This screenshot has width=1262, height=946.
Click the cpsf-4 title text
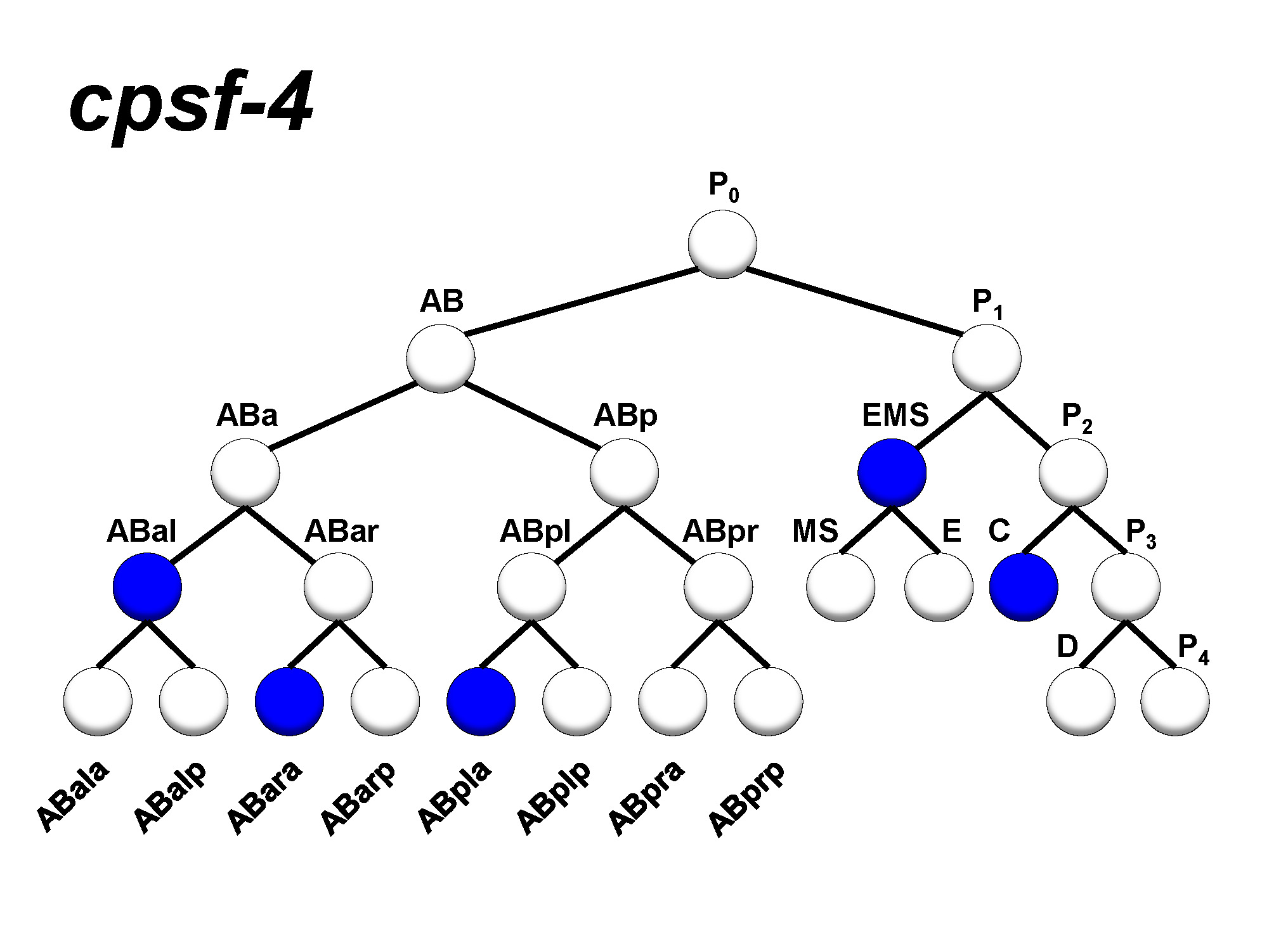pyautogui.click(x=190, y=105)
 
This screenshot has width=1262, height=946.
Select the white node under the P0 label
pyautogui.click(x=722, y=244)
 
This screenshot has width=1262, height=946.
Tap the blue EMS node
pyautogui.click(x=892, y=473)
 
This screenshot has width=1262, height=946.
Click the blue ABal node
pyautogui.click(x=147, y=587)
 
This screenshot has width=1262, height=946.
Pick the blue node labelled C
pyautogui.click(x=1024, y=587)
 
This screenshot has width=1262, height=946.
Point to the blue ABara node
pyautogui.click(x=289, y=701)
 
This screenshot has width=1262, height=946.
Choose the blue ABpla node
pyautogui.click(x=481, y=701)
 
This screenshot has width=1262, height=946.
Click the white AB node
pyautogui.click(x=441, y=359)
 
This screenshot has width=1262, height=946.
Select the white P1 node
pyautogui.click(x=987, y=359)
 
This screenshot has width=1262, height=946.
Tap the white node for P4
pyautogui.click(x=1174, y=701)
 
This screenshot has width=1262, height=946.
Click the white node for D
pyautogui.click(x=1081, y=701)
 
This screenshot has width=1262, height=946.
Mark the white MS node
pyautogui.click(x=840, y=587)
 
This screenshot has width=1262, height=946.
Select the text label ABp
pyautogui.click(x=625, y=416)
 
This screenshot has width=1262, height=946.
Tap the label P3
pyautogui.click(x=1140, y=534)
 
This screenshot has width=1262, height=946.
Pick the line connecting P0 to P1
pyautogui.click(x=853, y=301)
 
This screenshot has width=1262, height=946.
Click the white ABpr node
pyautogui.click(x=718, y=587)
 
